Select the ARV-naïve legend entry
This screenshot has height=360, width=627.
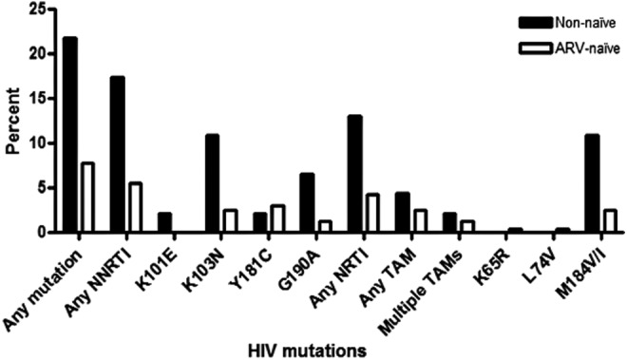[576, 45]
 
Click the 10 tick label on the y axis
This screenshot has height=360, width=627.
[36, 143]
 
